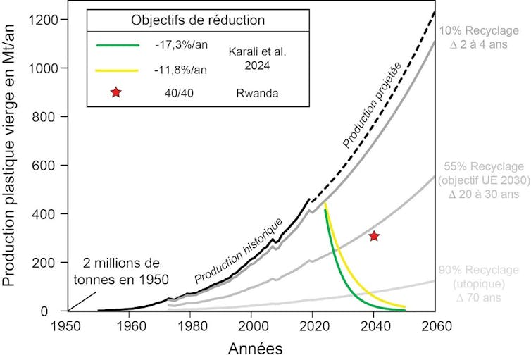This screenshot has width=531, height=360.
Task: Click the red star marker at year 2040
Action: (x=374, y=236)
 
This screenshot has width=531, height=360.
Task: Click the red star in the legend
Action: (x=116, y=94)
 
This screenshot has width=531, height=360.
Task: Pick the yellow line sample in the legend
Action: (x=117, y=70)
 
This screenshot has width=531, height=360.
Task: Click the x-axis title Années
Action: (x=251, y=348)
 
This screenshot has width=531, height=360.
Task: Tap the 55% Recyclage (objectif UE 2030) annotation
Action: (x=483, y=180)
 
